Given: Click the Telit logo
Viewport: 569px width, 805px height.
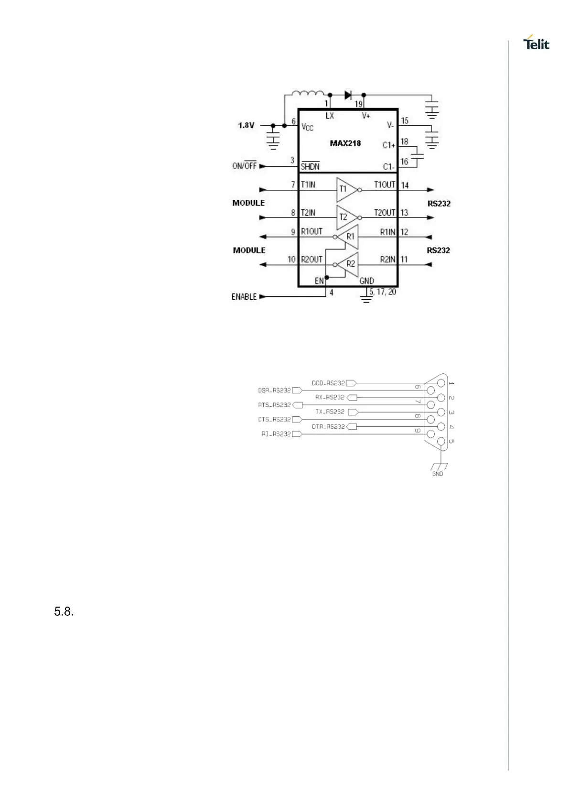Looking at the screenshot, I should (537, 43).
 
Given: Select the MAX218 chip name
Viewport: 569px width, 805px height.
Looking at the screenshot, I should (345, 143).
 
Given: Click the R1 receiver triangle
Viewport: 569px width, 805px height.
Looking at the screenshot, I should (348, 237).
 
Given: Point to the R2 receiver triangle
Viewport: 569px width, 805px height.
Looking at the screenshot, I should (348, 264).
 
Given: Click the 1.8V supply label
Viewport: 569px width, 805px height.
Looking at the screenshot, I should (246, 126).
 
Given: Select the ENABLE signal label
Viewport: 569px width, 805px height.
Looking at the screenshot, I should (244, 297).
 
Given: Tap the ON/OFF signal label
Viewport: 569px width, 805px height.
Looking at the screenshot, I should (244, 166).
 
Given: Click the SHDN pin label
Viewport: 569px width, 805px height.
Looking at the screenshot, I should (310, 167).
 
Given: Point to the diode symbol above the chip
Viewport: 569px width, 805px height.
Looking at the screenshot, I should (348, 95).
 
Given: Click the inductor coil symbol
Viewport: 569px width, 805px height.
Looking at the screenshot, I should (307, 94).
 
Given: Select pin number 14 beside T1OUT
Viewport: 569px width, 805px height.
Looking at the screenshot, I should (405, 185).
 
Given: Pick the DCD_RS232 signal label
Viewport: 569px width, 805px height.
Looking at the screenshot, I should (328, 383).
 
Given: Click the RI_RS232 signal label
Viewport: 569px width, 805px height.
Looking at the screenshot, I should (276, 434).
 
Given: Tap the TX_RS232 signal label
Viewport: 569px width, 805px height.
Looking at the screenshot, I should (330, 412).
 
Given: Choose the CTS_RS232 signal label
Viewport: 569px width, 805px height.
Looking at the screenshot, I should (274, 420).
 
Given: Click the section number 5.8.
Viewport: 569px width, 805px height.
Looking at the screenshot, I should (64, 611).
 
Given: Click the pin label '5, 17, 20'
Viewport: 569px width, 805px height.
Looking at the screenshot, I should (383, 292).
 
